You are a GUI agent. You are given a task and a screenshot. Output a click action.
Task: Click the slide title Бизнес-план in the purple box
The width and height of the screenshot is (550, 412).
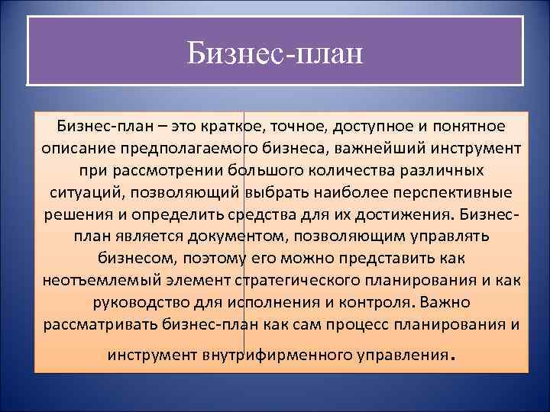pyautogui.click(x=276, y=53)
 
